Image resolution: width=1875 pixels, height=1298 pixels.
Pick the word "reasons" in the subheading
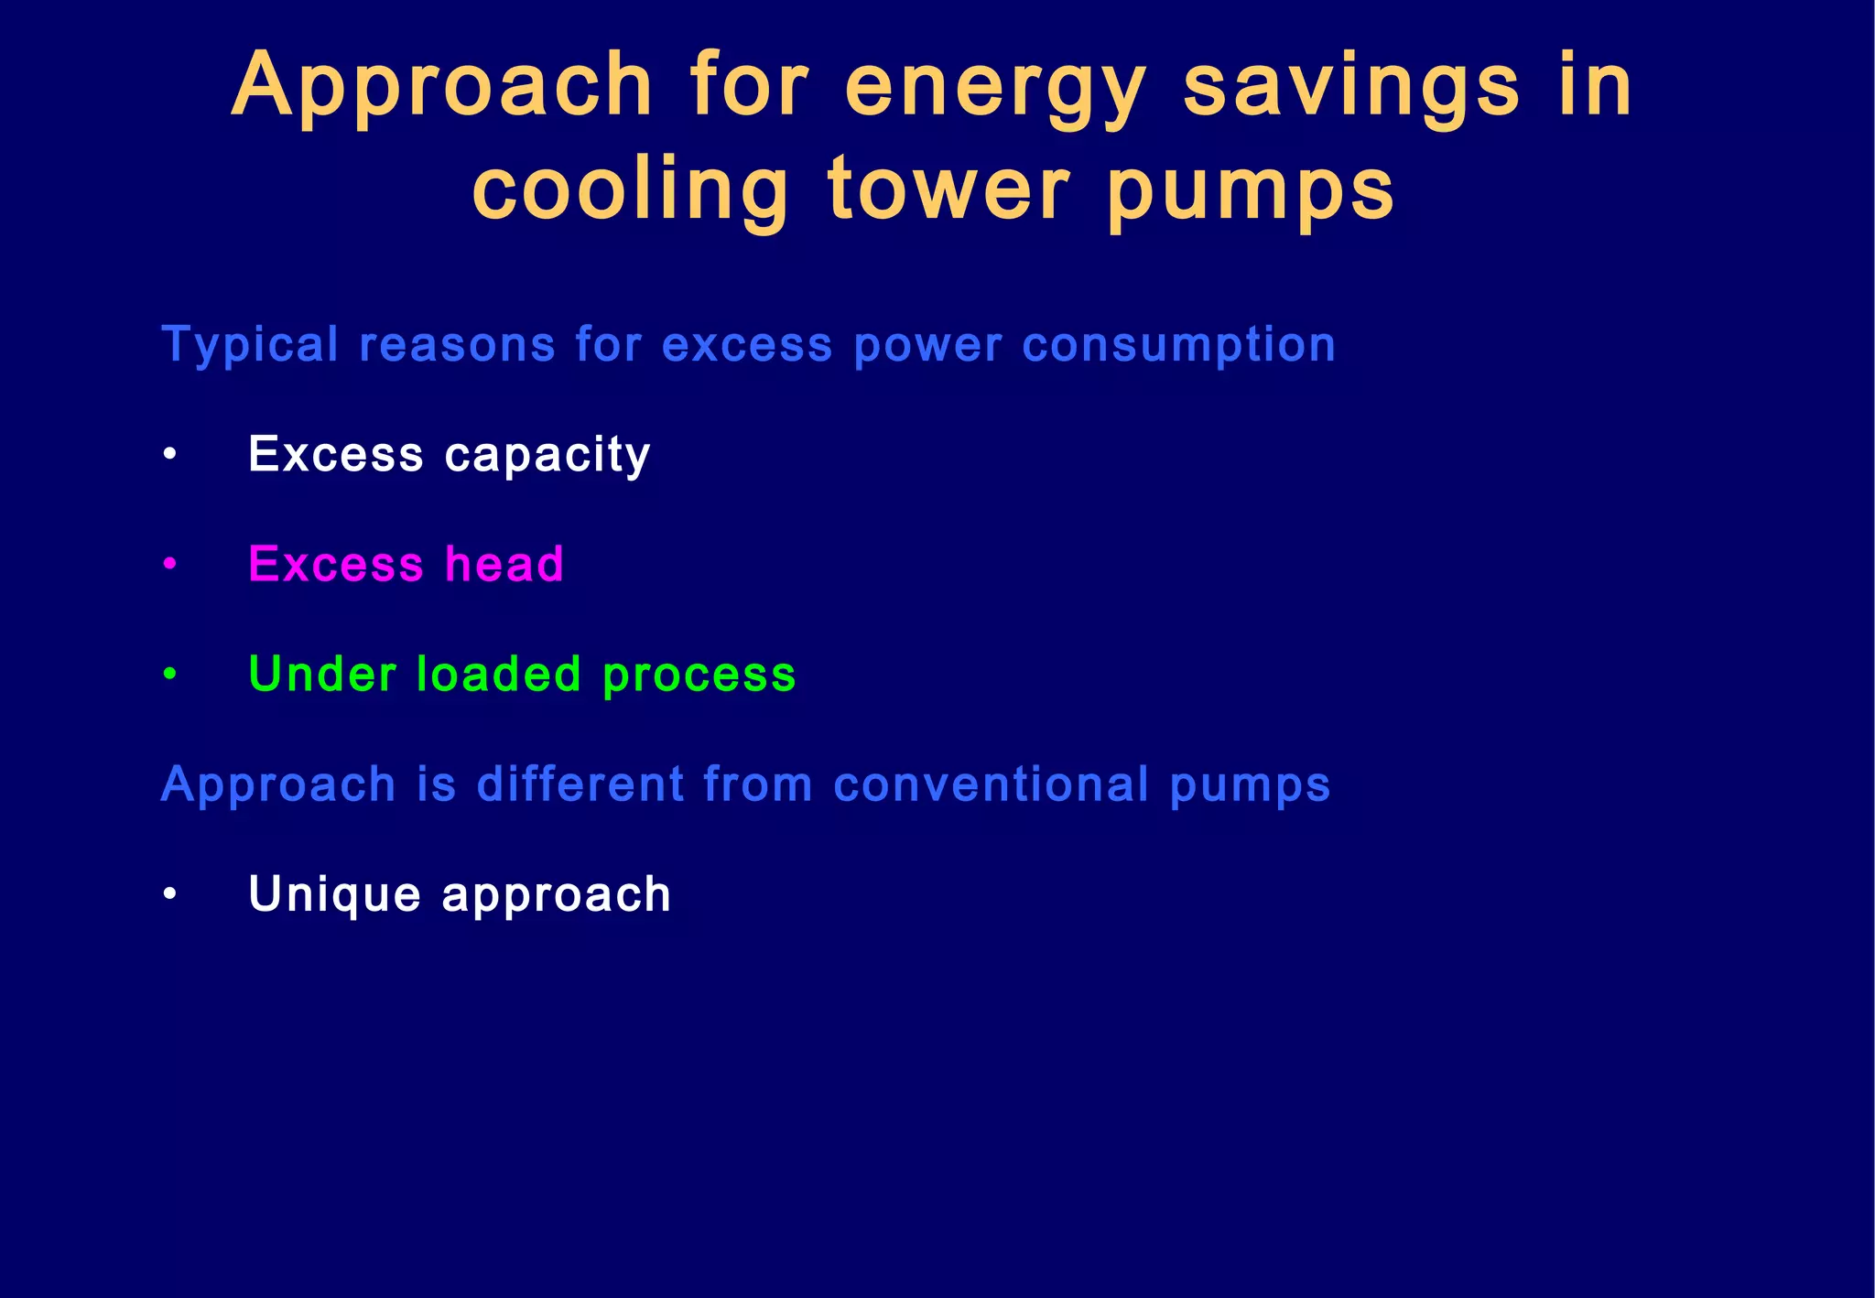(457, 346)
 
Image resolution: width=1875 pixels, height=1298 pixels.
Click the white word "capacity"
(547, 456)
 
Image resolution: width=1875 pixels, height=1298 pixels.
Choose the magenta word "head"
(504, 564)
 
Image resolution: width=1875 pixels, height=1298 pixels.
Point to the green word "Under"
(322, 675)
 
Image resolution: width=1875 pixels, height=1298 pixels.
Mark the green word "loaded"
(499, 675)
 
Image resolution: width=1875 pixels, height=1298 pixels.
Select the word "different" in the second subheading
(580, 784)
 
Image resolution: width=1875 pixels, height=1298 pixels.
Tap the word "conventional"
(991, 784)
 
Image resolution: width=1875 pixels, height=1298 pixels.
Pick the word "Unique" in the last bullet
(334, 895)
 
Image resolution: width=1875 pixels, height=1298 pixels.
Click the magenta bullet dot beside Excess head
(169, 565)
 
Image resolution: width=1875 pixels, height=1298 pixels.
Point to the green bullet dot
(169, 675)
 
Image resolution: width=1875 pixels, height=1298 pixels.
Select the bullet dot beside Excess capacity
(169, 454)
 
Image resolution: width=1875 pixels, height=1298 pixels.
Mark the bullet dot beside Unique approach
(169, 894)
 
